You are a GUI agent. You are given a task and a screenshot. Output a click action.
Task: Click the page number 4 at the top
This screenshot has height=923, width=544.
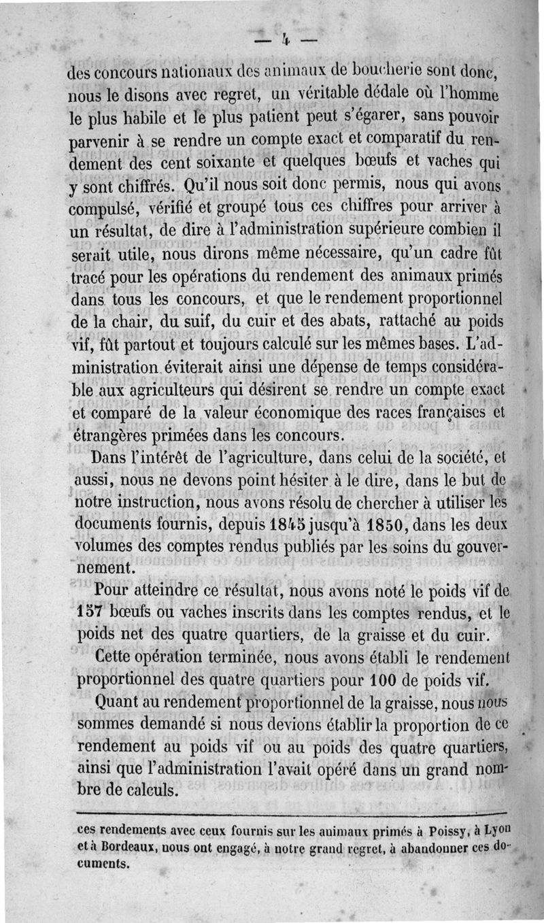coord(286,41)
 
